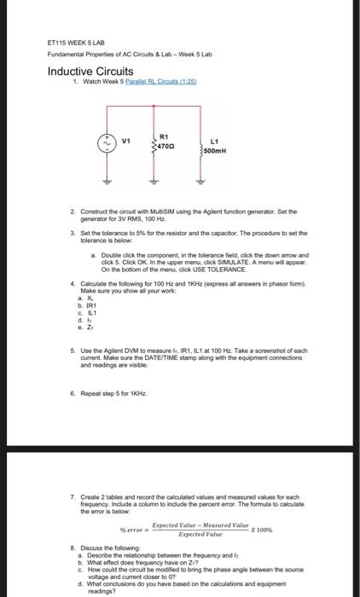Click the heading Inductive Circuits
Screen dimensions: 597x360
90,72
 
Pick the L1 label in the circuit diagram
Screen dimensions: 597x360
213,142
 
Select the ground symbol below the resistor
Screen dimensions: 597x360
154,183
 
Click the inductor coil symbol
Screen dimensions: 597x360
201,147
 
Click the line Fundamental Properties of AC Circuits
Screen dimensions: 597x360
128,54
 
